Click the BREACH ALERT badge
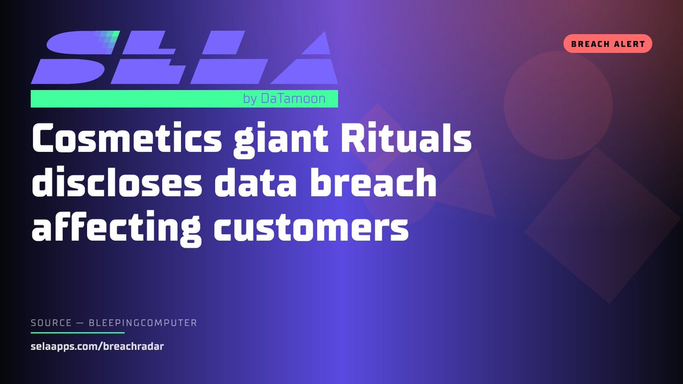point(607,44)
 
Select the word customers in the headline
point(311,229)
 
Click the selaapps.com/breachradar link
point(97,346)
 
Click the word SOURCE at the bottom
point(51,323)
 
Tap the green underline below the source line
point(77,332)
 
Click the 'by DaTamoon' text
point(284,99)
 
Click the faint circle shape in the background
point(558,105)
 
